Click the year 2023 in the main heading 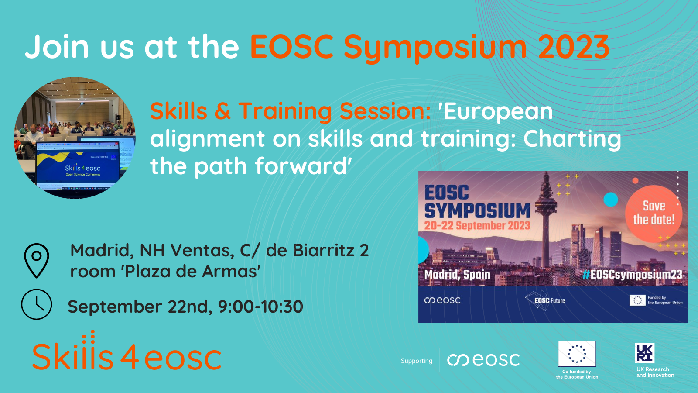tap(573, 47)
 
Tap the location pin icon tap(37, 260)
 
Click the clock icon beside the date tap(37, 304)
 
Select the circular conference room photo tap(75, 138)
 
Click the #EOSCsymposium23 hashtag tap(633, 274)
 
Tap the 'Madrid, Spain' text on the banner tap(457, 274)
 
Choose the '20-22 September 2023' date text tap(477, 225)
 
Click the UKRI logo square tap(644, 353)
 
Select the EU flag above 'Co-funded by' tap(577, 354)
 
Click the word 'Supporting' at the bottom tap(416, 361)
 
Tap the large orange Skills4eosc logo tap(127, 354)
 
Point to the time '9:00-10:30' tap(260, 307)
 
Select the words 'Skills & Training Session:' tap(291, 111)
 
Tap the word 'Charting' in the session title tap(572, 139)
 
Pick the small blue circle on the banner tap(611, 199)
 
